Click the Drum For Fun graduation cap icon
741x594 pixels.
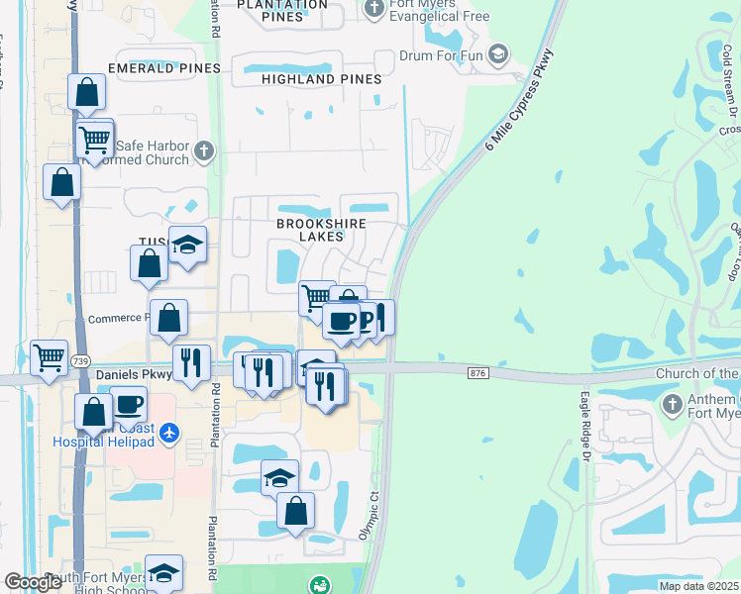[498, 53]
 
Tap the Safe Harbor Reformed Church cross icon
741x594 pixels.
[204, 150]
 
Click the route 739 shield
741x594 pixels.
[80, 361]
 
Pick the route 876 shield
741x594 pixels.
[479, 369]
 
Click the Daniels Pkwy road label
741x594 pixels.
[134, 375]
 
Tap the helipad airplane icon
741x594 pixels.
[170, 433]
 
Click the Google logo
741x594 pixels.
[34, 582]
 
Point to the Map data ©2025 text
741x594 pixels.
[698, 586]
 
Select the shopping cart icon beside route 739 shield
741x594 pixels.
[49, 357]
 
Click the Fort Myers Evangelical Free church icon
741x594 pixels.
[373, 11]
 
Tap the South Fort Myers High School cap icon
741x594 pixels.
[163, 572]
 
